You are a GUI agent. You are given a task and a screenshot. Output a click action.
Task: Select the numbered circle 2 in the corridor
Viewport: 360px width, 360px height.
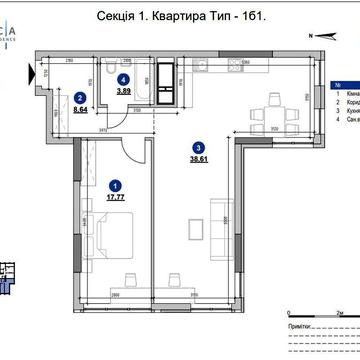pyautogui.click(x=80, y=97)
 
